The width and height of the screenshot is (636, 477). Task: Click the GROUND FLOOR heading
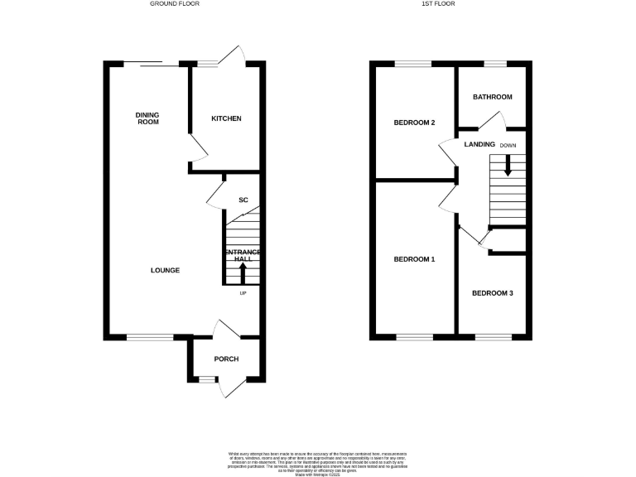pos(174,4)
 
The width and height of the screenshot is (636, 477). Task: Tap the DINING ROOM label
pos(147,118)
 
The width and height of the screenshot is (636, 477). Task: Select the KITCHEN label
pos(226,118)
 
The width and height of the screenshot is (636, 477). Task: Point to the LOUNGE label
pos(165,271)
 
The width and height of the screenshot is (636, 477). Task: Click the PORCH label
pos(226,359)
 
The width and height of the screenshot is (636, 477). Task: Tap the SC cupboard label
pos(243,200)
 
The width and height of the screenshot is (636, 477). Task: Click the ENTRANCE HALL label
pos(243,255)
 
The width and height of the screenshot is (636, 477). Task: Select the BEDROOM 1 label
pos(414,259)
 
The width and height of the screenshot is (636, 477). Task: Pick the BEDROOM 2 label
pos(414,123)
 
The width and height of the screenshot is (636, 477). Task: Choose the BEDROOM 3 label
pos(493,293)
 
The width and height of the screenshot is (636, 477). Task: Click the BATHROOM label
pos(493,97)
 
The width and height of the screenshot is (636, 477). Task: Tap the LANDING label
pos(479,145)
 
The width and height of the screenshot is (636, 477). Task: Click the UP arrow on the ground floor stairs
pos(243,273)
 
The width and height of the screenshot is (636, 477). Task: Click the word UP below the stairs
pos(243,293)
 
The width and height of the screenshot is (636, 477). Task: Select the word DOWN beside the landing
pos(508,145)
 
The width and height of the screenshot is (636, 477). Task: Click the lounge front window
pos(150,336)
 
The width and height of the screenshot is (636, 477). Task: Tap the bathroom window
pos(495,64)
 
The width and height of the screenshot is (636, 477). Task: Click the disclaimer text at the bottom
pos(317,463)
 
